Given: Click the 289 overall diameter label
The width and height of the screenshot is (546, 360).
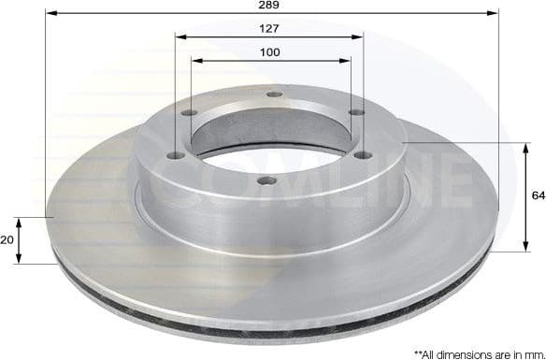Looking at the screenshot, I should click(270, 5).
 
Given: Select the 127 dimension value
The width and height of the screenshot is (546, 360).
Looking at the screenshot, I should click(270, 28).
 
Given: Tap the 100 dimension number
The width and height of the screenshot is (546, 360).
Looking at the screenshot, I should click(270, 51).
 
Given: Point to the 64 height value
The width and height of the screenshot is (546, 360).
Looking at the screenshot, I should click(538, 195).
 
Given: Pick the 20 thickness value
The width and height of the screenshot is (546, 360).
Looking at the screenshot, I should click(7, 240).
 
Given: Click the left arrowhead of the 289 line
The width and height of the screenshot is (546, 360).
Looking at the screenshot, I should click(49, 14).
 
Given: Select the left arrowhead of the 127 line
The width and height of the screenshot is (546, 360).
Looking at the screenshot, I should click(179, 37).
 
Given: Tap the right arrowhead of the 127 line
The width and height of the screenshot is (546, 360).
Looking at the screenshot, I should click(360, 37).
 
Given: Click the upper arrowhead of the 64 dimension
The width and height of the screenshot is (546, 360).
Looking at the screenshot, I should click(521, 145).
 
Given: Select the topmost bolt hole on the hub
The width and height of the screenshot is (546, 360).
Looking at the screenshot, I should click(272, 94).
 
